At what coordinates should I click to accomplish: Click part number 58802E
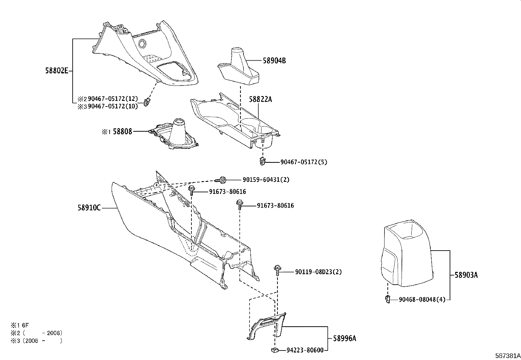[57, 70]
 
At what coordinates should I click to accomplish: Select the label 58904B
[274, 61]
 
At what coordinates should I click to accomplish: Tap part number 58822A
[260, 99]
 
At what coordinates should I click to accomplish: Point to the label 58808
[122, 132]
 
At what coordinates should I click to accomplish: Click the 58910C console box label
[89, 208]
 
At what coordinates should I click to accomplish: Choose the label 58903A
[466, 275]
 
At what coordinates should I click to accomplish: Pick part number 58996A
[345, 338]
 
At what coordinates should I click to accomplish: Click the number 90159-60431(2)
[266, 180]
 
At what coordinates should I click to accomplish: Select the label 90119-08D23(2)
[318, 272]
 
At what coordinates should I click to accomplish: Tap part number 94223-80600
[305, 350]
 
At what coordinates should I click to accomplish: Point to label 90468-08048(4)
[422, 299]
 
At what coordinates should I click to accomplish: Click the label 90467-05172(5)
[303, 162]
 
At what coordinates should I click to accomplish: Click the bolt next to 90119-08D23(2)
[277, 269]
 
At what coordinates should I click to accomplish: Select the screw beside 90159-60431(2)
[222, 180]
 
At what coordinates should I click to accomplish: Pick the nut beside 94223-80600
[274, 350]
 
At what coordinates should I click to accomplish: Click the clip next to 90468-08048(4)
[387, 299]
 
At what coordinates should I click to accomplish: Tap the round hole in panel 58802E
[143, 43]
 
